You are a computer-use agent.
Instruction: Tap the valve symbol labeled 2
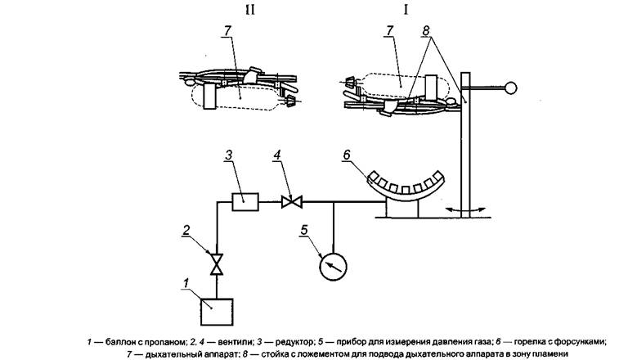point(217,264)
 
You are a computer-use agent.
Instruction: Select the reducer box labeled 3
point(245,201)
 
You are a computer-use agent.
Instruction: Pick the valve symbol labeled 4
point(292,201)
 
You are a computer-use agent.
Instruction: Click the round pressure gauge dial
point(333,267)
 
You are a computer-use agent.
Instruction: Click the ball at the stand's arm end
point(510,88)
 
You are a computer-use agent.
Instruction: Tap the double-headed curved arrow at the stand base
point(465,210)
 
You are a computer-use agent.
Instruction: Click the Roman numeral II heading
point(250,10)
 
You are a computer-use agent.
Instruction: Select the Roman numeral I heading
point(405,10)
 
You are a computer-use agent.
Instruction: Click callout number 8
point(425,30)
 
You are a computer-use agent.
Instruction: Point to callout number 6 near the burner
point(346,155)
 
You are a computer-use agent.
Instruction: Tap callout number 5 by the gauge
point(303,231)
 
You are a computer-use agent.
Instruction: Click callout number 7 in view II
point(227,30)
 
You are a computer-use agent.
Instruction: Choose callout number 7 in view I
point(390,30)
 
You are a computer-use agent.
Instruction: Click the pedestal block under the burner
point(402,209)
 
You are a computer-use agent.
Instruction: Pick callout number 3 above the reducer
point(229,155)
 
